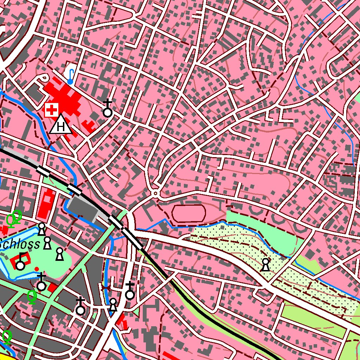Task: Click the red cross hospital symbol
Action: click(x=52, y=110)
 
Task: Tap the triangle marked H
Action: click(x=61, y=125)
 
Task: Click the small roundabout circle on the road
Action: click(x=155, y=193)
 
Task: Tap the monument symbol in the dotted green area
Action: click(x=266, y=265)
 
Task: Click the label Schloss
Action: click(x=20, y=245)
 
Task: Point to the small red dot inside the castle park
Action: click(x=37, y=269)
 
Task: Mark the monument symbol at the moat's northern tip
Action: click(x=42, y=229)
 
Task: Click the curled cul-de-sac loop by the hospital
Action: click(x=44, y=77)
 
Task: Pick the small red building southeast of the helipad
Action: click(x=89, y=126)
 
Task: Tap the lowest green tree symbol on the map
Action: click(x=7, y=336)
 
